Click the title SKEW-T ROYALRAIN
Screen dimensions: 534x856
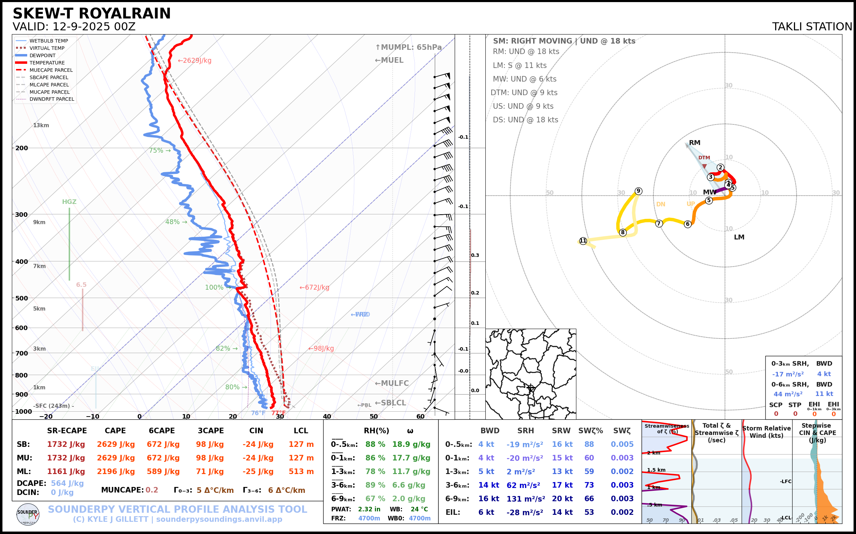pyautogui.click(x=91, y=14)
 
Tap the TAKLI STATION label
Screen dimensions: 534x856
pyautogui.click(x=812, y=27)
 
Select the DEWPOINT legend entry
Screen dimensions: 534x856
pyautogui.click(x=42, y=55)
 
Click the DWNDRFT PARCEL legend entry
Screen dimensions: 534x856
pyautogui.click(x=52, y=99)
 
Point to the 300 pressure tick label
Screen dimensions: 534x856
pyautogui.click(x=22, y=215)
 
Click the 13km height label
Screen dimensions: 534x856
pyautogui.click(x=41, y=125)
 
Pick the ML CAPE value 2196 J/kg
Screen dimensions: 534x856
pyautogui.click(x=116, y=472)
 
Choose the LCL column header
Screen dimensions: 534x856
pyautogui.click(x=301, y=431)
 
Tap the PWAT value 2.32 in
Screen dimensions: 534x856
pyautogui.click(x=369, y=509)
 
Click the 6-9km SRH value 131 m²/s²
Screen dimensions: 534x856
pyautogui.click(x=526, y=499)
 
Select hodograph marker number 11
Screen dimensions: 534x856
pyautogui.click(x=583, y=241)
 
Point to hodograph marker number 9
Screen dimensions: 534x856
pyautogui.click(x=638, y=191)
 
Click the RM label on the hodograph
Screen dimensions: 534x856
pyautogui.click(x=694, y=143)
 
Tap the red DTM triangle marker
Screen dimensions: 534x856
pyautogui.click(x=704, y=166)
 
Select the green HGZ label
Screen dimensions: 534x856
pyautogui.click(x=69, y=202)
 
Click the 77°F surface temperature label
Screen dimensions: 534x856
pyautogui.click(x=278, y=413)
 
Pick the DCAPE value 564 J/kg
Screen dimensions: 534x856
pyautogui.click(x=67, y=483)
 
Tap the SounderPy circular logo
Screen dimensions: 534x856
pyautogui.click(x=28, y=514)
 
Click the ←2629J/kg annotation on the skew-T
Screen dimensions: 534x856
pyautogui.click(x=194, y=61)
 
